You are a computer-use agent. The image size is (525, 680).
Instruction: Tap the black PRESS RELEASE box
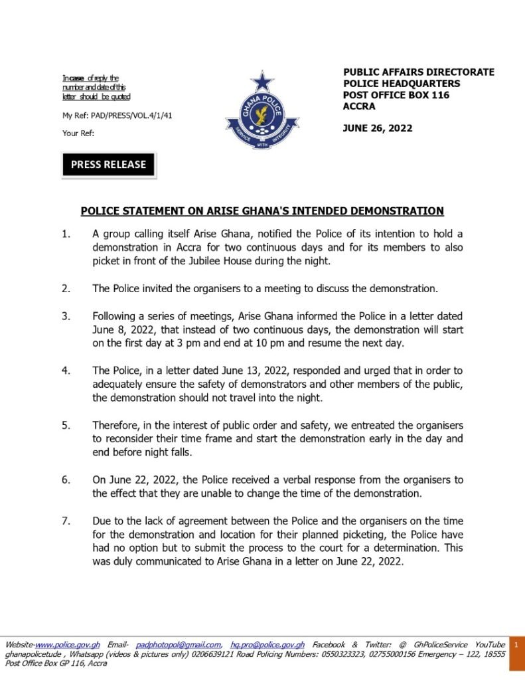click(x=108, y=165)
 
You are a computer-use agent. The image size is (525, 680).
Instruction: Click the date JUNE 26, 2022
click(x=377, y=128)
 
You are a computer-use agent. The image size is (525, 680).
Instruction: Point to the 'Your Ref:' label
click(x=78, y=133)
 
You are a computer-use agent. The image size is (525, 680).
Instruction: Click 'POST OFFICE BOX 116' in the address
click(x=396, y=95)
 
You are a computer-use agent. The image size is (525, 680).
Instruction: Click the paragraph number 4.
click(x=66, y=370)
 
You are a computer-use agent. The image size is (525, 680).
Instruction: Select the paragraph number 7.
click(x=66, y=521)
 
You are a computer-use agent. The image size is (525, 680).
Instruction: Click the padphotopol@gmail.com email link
click(x=179, y=645)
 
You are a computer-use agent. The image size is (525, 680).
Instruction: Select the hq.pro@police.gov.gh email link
click(x=267, y=645)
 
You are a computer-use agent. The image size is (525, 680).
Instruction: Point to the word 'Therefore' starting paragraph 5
click(x=117, y=424)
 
